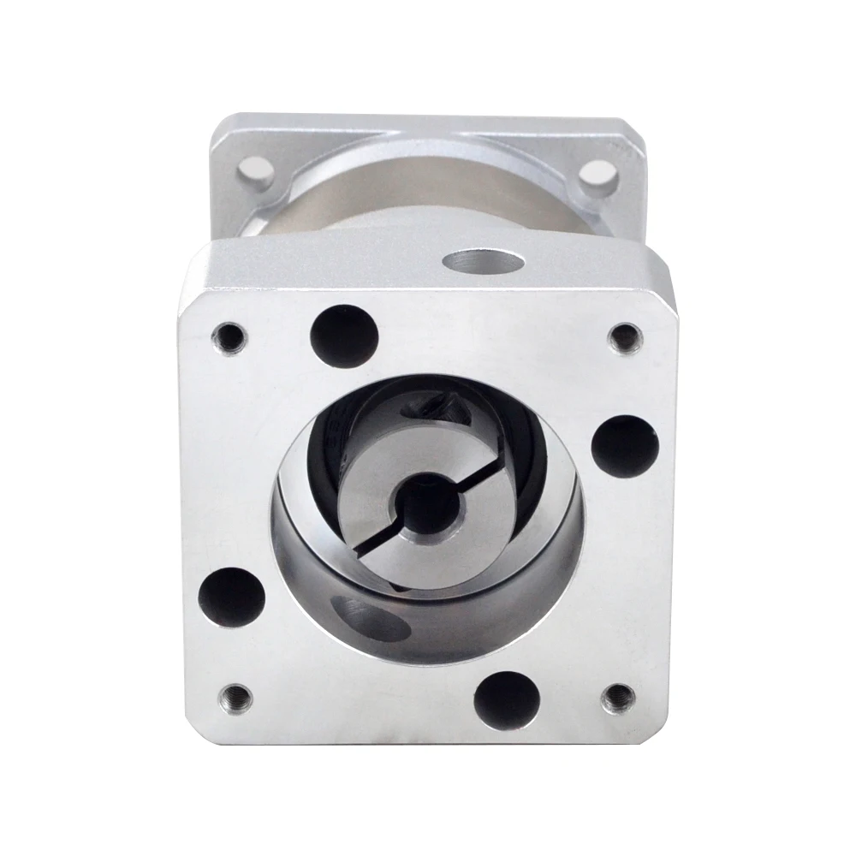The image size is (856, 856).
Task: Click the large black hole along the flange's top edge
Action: pos(345,334)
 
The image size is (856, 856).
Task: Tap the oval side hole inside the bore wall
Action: pos(364,616)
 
